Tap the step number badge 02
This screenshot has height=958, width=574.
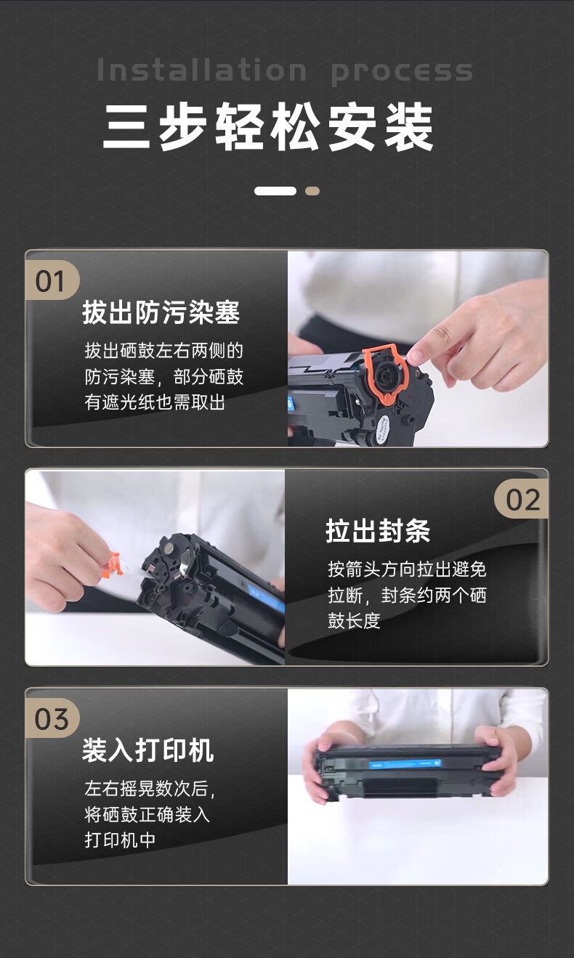coord(522,499)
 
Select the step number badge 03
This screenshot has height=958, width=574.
coord(52,718)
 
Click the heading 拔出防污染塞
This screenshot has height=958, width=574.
coord(161,312)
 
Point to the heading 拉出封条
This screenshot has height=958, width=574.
coord(378,531)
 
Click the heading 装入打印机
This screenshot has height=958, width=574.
coord(148,750)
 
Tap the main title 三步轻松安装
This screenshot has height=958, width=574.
coord(269,127)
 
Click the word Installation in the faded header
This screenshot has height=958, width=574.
coord(202,70)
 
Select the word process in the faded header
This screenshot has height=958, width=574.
coord(402,72)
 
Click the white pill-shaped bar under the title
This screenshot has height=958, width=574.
coord(275,191)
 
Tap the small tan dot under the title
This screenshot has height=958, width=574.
coord(312,191)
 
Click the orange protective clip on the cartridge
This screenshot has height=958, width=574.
coord(385,373)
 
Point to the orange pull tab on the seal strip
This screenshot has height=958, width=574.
coord(113,564)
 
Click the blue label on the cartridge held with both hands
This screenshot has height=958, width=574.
coord(405,764)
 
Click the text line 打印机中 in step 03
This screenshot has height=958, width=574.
coord(120,840)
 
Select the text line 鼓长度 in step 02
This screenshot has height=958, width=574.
coord(354,621)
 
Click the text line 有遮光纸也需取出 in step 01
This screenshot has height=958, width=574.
coord(155,402)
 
